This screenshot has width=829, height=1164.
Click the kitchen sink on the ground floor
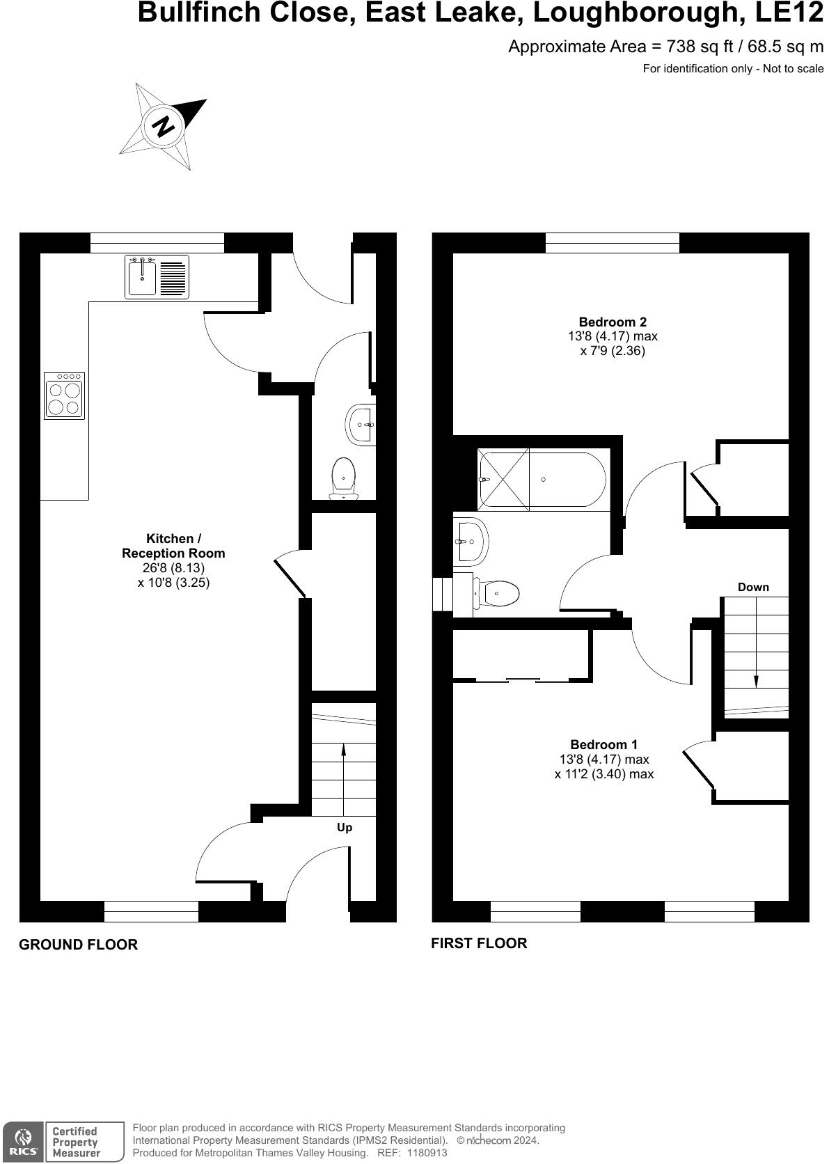tap(157, 277)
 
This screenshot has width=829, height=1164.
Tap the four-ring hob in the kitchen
tap(65, 396)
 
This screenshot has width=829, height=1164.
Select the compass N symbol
tap(164, 127)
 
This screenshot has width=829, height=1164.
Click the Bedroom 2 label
tap(613, 322)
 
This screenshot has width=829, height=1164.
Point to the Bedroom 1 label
tap(603, 744)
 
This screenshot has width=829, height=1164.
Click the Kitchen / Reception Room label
tap(173, 546)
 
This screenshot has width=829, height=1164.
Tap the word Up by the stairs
tap(345, 827)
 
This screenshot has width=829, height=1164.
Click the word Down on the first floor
tap(753, 587)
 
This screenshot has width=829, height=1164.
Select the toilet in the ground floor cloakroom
tap(343, 477)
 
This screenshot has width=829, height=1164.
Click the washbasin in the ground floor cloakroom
tap(361, 423)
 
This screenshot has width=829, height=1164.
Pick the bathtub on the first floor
tap(542, 480)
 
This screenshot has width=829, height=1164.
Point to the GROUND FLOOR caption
tap(78, 945)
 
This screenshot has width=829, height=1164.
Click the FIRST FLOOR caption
tap(479, 943)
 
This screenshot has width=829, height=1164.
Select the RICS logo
tap(23, 1141)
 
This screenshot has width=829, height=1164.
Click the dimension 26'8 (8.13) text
tap(174, 568)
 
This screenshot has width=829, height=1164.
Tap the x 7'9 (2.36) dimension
tap(613, 351)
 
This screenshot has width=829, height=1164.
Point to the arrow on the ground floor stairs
tap(343, 759)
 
